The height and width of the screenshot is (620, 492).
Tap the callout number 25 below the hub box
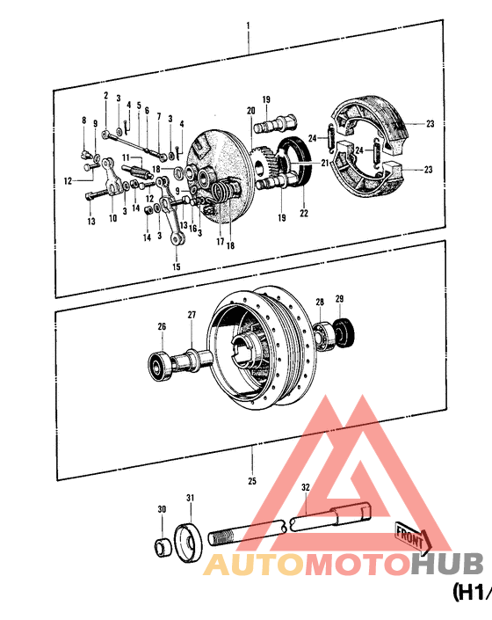click(x=252, y=481)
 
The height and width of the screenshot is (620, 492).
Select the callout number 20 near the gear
click(x=250, y=111)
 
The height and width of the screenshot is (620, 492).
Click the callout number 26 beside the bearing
click(x=162, y=328)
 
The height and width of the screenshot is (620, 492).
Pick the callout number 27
click(x=192, y=315)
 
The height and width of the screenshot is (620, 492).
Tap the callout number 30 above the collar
click(x=161, y=510)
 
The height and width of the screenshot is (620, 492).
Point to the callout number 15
click(x=176, y=266)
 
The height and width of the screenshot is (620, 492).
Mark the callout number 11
click(x=125, y=157)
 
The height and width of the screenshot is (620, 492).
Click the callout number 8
click(x=84, y=120)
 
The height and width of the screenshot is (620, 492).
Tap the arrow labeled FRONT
click(x=411, y=535)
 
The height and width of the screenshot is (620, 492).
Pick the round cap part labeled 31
click(x=188, y=539)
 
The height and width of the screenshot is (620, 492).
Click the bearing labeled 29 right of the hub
click(x=346, y=332)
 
